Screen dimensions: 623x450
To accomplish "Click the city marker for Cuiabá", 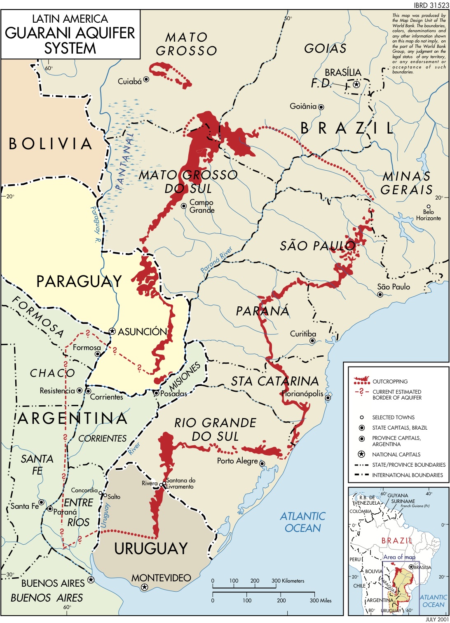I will (x=146, y=80).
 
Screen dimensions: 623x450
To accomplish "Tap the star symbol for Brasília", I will (x=357, y=85).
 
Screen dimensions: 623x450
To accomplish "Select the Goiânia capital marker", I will (x=321, y=107).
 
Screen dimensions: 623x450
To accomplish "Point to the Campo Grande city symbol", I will (x=184, y=205).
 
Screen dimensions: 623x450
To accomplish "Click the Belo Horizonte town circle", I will (x=429, y=207).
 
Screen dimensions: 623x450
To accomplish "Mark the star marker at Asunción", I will (x=112, y=331).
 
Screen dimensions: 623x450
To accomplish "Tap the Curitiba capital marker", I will (x=313, y=341).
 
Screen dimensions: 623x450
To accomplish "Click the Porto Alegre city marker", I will (x=262, y=463).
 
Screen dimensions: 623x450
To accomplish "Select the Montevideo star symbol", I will (x=144, y=587).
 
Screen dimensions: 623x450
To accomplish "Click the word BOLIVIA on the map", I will (x=51, y=144).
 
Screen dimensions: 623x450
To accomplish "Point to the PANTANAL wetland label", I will (x=125, y=161).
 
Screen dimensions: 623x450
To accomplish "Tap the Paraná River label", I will (x=216, y=260).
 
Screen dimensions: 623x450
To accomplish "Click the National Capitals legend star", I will (x=361, y=454).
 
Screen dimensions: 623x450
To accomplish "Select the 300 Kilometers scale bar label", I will (x=288, y=581).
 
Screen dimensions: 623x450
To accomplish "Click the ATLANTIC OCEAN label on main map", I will (x=302, y=522).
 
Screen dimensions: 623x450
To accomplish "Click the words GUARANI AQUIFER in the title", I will (x=70, y=33).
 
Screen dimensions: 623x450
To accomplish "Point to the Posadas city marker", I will (x=157, y=393).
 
